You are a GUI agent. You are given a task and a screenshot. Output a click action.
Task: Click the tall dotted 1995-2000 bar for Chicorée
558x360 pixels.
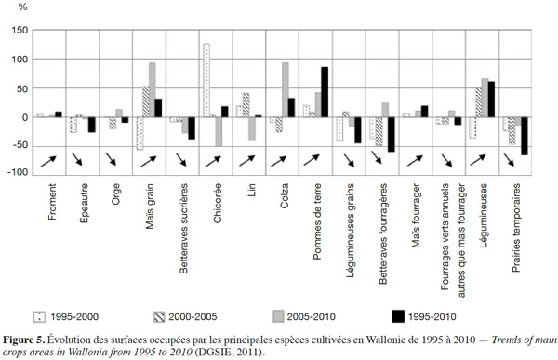click(206, 80)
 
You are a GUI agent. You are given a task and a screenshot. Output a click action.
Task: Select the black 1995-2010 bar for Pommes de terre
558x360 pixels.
click(325, 92)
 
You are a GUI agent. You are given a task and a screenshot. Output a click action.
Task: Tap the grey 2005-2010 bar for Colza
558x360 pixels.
click(286, 89)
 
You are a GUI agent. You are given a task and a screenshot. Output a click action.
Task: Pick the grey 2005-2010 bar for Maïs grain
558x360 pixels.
click(153, 89)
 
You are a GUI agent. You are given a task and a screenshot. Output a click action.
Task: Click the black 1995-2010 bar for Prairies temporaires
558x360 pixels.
click(525, 136)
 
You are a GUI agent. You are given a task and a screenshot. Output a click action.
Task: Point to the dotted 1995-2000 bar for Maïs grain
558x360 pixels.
click(139, 134)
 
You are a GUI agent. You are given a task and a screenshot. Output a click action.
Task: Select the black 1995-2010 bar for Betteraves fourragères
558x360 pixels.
click(392, 134)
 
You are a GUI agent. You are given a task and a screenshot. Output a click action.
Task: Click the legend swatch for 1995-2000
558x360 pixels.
click(39, 317)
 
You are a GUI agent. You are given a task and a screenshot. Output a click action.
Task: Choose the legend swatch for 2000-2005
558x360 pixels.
click(159, 317)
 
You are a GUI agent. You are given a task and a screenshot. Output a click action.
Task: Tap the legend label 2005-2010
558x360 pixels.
click(311, 317)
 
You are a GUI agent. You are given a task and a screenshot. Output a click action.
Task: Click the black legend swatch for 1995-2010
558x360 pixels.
click(398, 317)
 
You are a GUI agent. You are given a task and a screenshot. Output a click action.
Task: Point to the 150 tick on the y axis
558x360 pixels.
click(20, 31)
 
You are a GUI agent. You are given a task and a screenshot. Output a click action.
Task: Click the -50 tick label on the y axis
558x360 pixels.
click(20, 146)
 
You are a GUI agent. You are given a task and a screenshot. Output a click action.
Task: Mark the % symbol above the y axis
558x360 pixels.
click(22, 7)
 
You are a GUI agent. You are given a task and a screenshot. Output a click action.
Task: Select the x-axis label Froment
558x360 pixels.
click(52, 202)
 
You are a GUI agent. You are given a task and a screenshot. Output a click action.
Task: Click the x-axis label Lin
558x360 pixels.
click(252, 190)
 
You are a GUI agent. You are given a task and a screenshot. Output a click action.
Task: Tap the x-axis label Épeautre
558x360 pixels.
click(85, 203)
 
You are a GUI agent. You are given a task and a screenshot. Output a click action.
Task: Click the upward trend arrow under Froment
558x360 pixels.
click(48, 161)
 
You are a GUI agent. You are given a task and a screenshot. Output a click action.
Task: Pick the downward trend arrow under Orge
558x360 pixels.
click(111, 159)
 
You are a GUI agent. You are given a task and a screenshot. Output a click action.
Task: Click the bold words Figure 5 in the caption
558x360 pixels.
click(24, 340)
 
